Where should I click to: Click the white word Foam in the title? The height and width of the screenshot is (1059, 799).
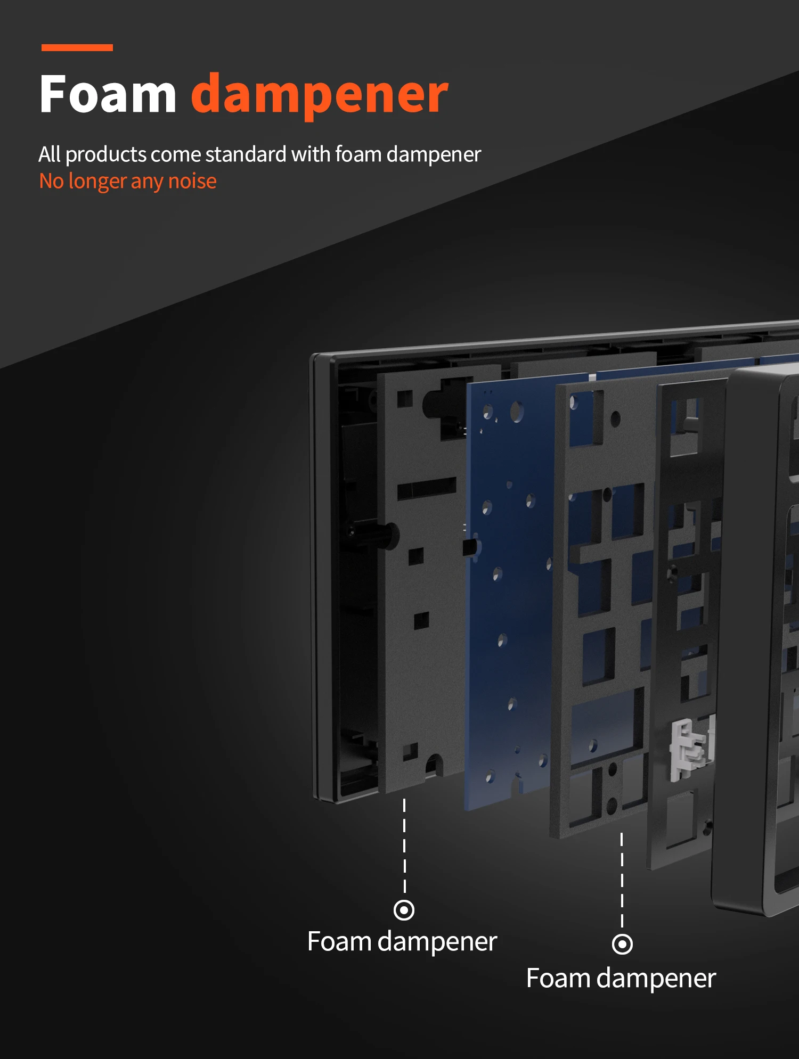click(x=108, y=94)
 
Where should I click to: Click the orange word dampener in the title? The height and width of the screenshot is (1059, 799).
click(x=320, y=96)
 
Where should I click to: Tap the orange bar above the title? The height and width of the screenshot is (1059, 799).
click(x=77, y=48)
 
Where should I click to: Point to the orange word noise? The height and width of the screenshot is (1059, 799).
click(x=192, y=182)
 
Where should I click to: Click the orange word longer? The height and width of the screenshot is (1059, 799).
click(x=97, y=183)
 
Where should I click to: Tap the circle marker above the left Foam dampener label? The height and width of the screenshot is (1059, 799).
click(x=404, y=910)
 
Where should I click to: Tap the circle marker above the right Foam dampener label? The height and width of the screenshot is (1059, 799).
click(x=622, y=945)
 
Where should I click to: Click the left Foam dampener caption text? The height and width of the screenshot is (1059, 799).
click(x=402, y=942)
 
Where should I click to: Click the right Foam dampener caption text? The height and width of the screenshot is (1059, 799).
click(x=621, y=979)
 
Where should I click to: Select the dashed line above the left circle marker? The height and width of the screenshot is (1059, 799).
click(x=404, y=845)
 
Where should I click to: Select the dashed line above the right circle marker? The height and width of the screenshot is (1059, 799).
click(x=622, y=880)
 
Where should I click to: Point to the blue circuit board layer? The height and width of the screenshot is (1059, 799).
click(x=509, y=596)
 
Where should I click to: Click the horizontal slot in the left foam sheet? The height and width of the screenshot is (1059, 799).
click(x=427, y=488)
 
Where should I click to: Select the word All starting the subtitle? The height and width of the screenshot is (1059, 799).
click(x=50, y=154)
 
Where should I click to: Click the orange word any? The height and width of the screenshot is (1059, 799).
click(x=147, y=183)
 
